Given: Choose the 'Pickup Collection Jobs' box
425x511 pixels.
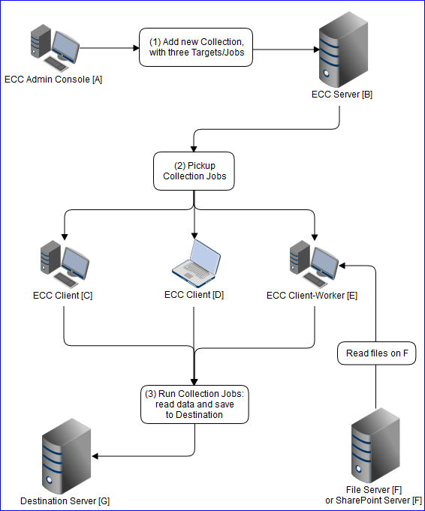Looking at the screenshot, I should click(x=194, y=171).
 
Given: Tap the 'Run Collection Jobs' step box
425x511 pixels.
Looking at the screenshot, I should click(x=194, y=404).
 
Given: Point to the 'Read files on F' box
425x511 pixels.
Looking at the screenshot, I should click(x=375, y=353).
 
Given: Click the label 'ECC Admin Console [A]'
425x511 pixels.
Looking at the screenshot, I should click(x=53, y=80).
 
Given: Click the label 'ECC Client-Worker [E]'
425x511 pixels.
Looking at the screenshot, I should click(x=312, y=295).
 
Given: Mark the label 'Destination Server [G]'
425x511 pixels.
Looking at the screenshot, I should click(x=66, y=500).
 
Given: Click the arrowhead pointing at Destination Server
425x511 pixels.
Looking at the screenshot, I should click(x=95, y=455).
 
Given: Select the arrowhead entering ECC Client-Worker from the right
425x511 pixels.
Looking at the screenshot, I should click(x=342, y=265).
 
